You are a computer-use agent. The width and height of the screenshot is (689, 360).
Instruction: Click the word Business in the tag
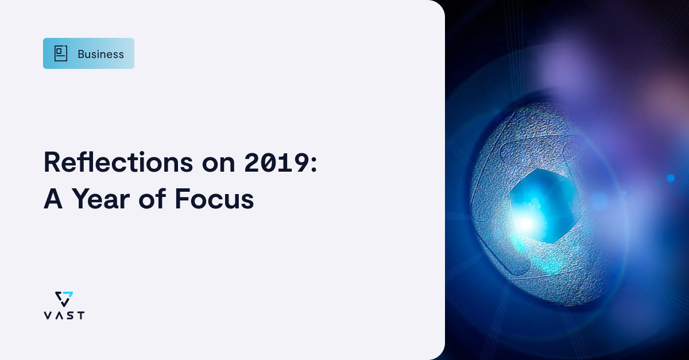(100, 54)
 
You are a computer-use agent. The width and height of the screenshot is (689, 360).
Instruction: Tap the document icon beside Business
(61, 53)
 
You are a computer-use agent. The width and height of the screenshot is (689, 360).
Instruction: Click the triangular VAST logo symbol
(64, 299)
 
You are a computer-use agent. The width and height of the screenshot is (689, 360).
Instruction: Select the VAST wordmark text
(64, 315)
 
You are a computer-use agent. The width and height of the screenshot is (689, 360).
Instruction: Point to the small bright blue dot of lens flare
(670, 178)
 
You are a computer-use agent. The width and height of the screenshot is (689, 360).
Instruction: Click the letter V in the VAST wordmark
(47, 315)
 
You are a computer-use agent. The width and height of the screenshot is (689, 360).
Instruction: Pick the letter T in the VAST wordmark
(80, 315)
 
